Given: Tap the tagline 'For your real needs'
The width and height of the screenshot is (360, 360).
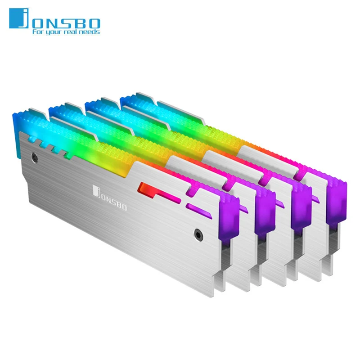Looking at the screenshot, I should click(65, 32).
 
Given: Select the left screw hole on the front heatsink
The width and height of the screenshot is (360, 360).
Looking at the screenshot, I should click(34, 157).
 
